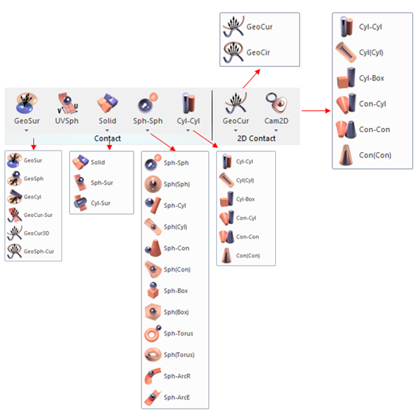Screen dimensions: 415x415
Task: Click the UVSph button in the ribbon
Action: [66, 108]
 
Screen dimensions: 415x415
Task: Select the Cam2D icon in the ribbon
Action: [276, 103]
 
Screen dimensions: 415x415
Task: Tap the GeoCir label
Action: [258, 52]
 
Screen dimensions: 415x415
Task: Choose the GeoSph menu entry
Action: [25, 178]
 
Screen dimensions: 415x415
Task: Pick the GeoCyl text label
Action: [33, 197]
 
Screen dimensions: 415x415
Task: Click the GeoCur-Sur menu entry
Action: [30, 215]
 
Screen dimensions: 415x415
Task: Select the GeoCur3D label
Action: [36, 233]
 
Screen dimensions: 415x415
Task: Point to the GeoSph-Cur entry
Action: [30, 251]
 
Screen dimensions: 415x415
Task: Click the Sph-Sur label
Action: [102, 182]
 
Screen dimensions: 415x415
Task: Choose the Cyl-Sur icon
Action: [81, 203]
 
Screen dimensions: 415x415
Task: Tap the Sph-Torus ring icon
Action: [153, 333]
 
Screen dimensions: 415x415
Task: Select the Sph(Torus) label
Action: [179, 355]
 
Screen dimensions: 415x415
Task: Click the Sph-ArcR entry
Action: [168, 376]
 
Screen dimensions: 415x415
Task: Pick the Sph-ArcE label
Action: [177, 397]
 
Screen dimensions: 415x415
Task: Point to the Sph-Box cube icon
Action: [153, 291]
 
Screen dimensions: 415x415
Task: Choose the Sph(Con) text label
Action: [177, 269]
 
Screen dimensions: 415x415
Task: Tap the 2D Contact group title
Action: [256, 139]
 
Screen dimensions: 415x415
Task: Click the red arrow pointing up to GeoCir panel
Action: [252, 78]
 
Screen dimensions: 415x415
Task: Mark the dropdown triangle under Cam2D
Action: [276, 130]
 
